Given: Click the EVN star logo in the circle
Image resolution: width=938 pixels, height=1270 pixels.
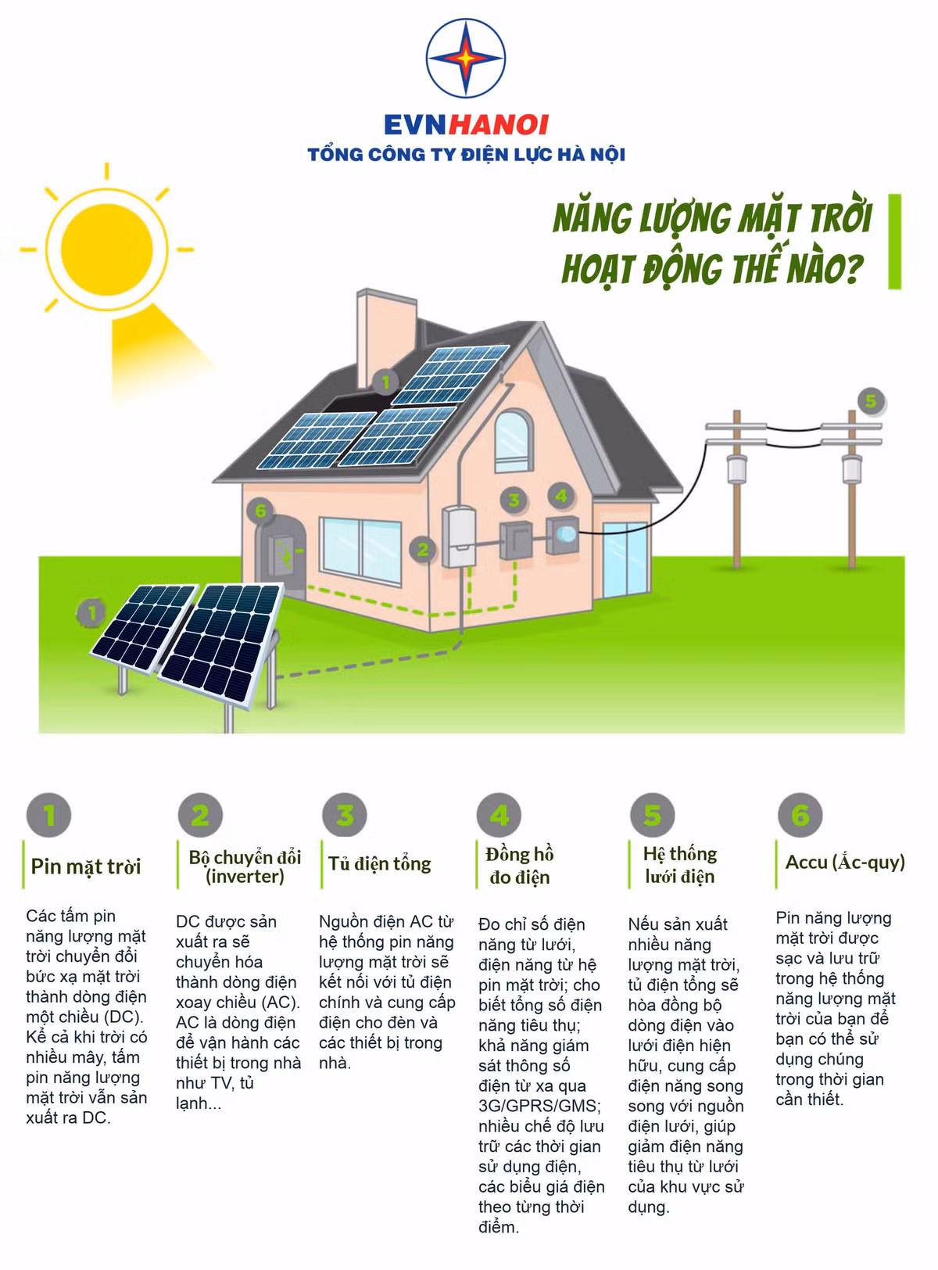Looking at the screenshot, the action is click(x=465, y=59).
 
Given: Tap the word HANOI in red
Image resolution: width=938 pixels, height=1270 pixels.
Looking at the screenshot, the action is click(x=498, y=125).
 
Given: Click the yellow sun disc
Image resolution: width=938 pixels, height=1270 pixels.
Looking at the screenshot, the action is click(x=107, y=249).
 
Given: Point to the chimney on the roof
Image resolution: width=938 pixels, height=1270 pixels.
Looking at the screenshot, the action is click(x=386, y=338).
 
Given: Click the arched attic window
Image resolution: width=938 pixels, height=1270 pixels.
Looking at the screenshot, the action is click(x=514, y=442).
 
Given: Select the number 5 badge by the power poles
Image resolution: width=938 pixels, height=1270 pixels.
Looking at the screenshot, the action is click(x=871, y=401).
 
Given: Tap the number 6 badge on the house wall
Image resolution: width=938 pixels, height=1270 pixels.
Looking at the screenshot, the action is click(x=260, y=510).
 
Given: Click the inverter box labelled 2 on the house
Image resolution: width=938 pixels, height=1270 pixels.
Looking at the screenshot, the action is click(x=458, y=536).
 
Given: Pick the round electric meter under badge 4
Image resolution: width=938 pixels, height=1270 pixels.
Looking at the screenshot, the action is click(x=563, y=535).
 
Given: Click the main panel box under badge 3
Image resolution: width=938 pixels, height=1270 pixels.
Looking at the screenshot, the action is click(x=516, y=540).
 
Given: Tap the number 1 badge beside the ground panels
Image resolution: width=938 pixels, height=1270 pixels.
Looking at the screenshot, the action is click(x=91, y=613).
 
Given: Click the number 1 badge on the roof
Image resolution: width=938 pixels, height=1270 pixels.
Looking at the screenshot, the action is click(x=385, y=382).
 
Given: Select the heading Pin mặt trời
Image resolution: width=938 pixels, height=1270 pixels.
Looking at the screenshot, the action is click(x=86, y=866).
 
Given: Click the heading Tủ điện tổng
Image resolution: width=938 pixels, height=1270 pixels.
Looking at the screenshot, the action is click(x=379, y=863).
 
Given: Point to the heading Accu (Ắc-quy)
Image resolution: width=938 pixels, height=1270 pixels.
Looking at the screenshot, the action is click(x=845, y=863).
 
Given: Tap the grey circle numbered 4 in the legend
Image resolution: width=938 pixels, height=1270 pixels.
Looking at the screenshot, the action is click(x=499, y=816).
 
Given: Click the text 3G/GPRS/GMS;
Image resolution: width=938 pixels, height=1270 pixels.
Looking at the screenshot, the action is click(x=539, y=1106).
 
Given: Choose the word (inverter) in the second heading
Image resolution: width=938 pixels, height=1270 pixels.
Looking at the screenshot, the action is click(x=245, y=877).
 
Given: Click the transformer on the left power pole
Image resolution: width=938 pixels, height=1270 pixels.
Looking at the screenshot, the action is click(x=736, y=468).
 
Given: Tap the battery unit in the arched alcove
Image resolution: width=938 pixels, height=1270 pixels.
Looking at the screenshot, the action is click(x=281, y=554).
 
